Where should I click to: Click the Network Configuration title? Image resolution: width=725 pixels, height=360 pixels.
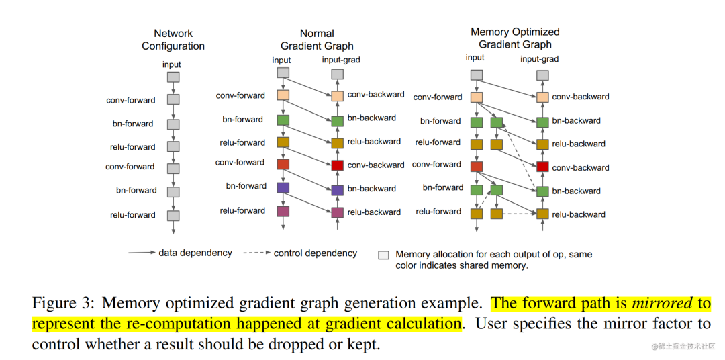click(173, 40)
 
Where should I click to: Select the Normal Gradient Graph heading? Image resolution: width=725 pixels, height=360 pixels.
click(317, 40)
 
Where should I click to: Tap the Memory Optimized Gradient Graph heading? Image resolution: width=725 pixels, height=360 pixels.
click(515, 38)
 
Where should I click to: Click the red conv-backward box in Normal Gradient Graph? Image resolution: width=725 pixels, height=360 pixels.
click(337, 165)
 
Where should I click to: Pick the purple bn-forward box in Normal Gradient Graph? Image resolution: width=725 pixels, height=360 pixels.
click(283, 187)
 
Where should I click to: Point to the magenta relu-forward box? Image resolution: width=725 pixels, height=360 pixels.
click(283, 211)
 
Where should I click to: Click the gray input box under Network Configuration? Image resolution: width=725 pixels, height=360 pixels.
click(173, 77)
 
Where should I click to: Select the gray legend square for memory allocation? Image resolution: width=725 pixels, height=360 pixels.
click(384, 255)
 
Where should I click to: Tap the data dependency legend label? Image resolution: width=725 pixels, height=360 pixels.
click(195, 253)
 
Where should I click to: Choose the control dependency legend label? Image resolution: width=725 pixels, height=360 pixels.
click(316, 253)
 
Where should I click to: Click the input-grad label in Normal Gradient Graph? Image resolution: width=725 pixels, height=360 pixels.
click(341, 60)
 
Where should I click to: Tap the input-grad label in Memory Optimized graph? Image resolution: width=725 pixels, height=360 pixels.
click(540, 59)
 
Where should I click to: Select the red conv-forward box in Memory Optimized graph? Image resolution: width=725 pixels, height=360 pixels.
click(477, 166)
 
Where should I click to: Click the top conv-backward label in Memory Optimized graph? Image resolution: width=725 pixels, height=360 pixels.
click(581, 97)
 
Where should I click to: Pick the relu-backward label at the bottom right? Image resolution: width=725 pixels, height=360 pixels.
click(579, 214)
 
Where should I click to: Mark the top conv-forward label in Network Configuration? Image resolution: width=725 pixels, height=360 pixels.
click(131, 100)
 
